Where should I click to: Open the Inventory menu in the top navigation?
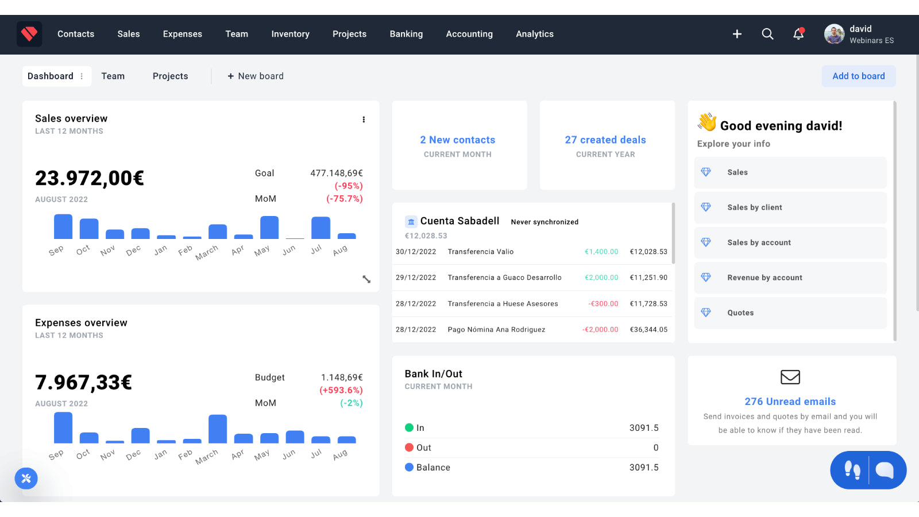pos(290,34)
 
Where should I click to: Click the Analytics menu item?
pos(534,34)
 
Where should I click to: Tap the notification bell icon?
pos(798,34)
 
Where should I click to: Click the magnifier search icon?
pos(767,34)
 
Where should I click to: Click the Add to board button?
pos(858,76)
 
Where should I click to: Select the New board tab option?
pos(256,76)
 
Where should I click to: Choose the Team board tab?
pos(113,76)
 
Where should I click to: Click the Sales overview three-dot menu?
pos(364,119)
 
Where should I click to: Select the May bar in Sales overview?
pos(269,227)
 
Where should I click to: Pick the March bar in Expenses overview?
pos(218,429)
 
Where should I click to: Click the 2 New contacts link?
pos(457,140)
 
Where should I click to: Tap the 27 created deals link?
pos(605,140)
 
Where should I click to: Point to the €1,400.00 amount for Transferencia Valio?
pos(601,252)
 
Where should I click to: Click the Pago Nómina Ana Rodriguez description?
pos(496,330)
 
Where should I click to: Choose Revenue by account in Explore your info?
pos(764,278)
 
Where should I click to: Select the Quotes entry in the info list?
pos(740,313)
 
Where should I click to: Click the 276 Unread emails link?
pos(790,402)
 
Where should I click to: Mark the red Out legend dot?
pos(409,447)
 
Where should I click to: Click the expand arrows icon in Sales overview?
pos(366,279)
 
